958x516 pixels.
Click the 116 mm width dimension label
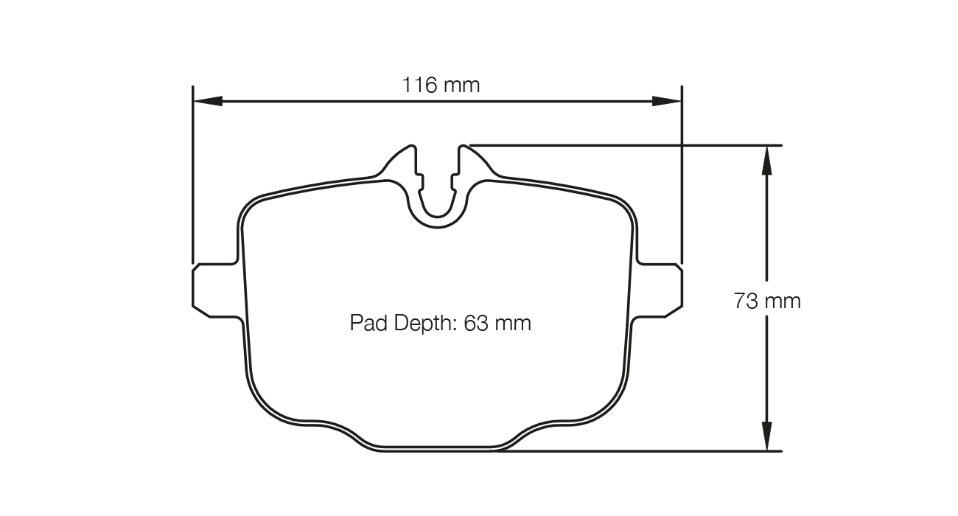click(x=440, y=86)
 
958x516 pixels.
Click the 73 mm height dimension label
click(x=766, y=301)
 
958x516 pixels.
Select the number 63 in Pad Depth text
click(x=476, y=323)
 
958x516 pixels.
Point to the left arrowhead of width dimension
click(x=207, y=100)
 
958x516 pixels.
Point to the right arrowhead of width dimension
click(x=667, y=100)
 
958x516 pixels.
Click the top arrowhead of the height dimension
click(x=766, y=159)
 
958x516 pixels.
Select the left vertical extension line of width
click(x=192, y=177)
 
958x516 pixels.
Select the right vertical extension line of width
click(x=682, y=177)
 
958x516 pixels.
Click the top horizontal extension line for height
click(x=626, y=145)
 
